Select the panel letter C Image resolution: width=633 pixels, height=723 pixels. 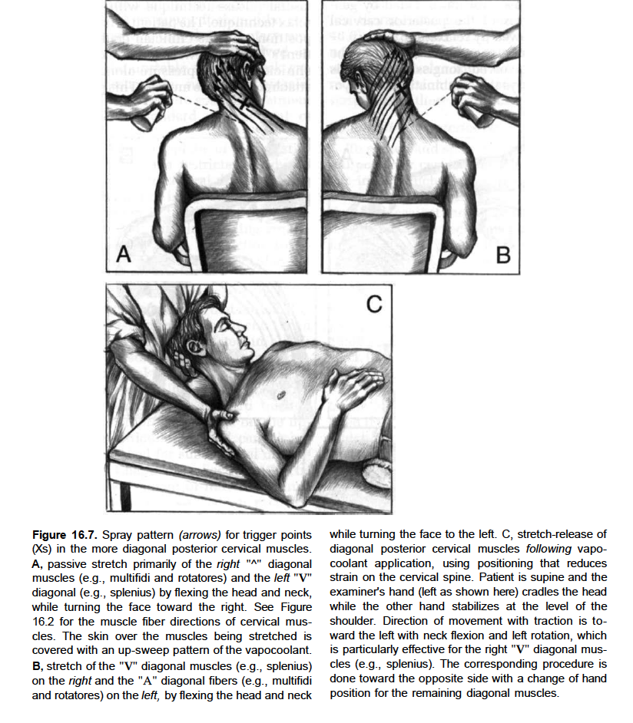(373, 305)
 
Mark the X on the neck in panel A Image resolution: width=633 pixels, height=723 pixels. (246, 103)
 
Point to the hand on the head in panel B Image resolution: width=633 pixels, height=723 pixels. (389, 38)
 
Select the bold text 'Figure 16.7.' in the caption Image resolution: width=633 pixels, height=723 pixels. (65, 534)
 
